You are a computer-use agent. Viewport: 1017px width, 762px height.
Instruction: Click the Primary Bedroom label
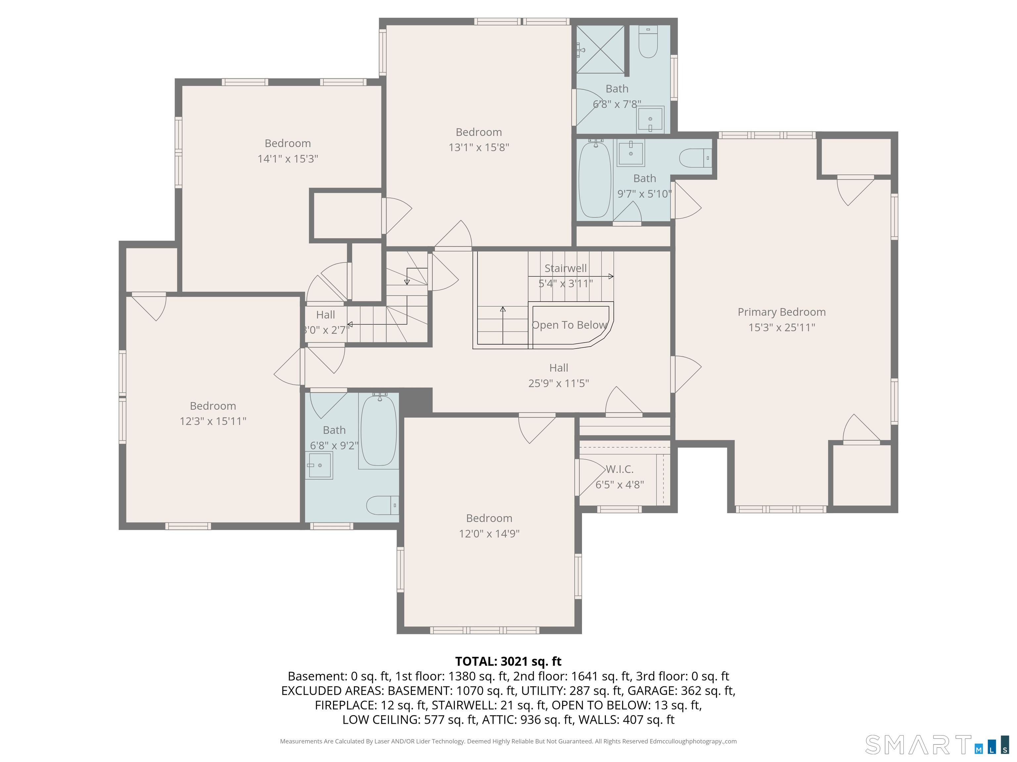point(782,312)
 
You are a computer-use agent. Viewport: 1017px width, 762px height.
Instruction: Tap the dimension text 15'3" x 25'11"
point(782,327)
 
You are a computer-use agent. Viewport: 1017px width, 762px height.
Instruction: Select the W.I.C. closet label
point(619,469)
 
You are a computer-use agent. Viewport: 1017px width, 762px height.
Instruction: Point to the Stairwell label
point(565,268)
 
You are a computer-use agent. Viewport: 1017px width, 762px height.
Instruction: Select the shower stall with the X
point(601,49)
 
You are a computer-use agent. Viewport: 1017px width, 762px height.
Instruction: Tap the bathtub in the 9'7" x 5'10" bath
point(595,179)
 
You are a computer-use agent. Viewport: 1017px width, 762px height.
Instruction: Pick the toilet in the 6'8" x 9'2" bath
point(382,505)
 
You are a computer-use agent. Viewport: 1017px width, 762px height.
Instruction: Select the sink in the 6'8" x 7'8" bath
point(651,119)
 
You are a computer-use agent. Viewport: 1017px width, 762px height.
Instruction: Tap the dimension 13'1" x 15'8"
point(479,148)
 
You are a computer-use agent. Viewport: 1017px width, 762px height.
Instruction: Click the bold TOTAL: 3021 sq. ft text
point(508,661)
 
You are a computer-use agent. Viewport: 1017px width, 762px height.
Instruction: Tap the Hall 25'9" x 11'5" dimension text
point(558,383)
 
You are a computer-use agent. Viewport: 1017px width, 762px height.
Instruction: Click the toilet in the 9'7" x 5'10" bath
point(696,158)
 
